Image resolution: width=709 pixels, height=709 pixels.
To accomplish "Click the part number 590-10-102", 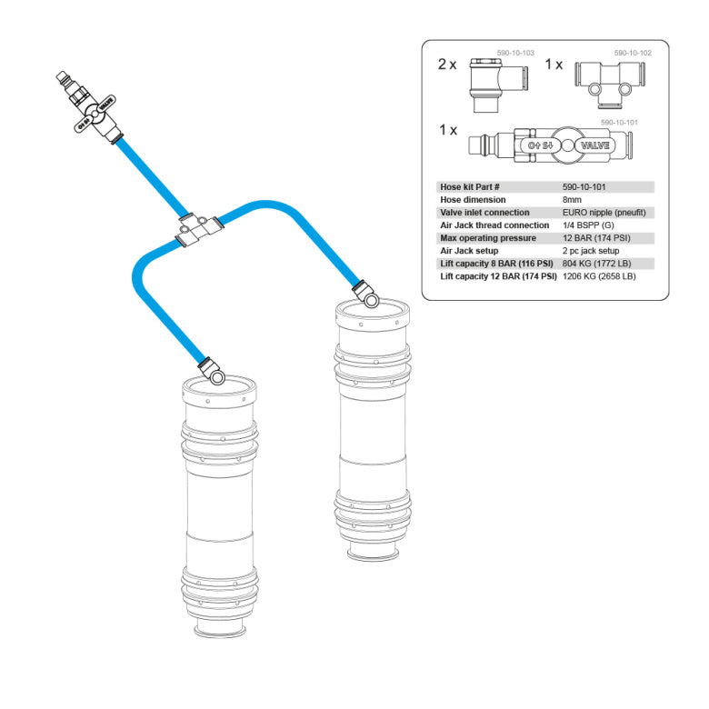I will point(633,54).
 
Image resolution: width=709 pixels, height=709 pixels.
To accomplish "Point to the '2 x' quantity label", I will point(448,65).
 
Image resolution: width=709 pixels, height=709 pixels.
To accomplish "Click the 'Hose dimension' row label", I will point(473,199).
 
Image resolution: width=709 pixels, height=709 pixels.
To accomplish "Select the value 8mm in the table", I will point(573,199).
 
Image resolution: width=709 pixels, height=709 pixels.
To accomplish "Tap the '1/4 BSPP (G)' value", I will point(588,225).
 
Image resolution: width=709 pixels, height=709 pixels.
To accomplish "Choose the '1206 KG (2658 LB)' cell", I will point(601,275).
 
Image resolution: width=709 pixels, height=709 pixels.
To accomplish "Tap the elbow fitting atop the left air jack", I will point(212,369).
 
